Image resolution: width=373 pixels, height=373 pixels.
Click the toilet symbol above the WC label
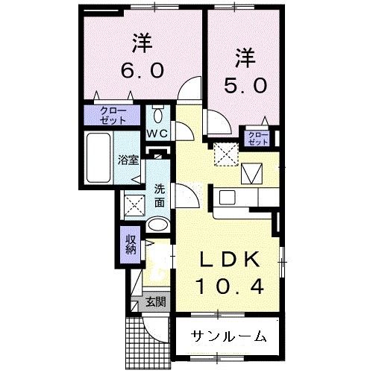pyautogui.click(x=157, y=115)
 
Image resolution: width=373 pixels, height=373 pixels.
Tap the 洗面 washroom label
pyautogui.click(x=160, y=195)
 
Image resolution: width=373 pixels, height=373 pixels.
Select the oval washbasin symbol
pyautogui.click(x=158, y=225)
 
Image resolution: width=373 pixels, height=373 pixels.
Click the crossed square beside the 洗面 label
pyautogui.click(x=134, y=204)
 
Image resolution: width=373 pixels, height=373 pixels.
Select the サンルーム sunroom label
pyautogui.click(x=228, y=336)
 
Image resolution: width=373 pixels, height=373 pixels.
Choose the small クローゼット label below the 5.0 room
pyautogui.click(x=257, y=138)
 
